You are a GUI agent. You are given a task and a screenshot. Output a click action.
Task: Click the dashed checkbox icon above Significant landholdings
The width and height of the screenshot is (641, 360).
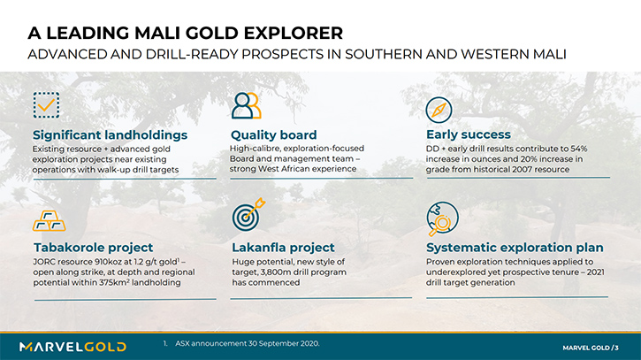[x=46, y=105]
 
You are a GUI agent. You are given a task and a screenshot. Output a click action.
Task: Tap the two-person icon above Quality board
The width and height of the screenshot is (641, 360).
[x=246, y=105]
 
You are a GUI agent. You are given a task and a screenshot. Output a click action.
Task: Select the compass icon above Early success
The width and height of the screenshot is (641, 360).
[x=439, y=110]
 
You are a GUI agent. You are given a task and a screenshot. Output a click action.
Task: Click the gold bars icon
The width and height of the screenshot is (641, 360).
[x=49, y=221]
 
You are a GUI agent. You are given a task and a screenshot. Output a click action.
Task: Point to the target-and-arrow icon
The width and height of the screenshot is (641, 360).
[x=248, y=214]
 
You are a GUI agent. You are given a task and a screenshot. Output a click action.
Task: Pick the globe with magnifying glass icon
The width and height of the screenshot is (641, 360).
[x=442, y=218]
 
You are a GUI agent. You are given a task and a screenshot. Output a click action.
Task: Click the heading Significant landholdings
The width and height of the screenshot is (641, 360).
[x=110, y=135]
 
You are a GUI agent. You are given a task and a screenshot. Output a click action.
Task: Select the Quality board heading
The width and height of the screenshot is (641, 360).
[x=273, y=135]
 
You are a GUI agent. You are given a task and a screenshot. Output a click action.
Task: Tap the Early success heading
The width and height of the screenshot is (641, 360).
[x=469, y=134]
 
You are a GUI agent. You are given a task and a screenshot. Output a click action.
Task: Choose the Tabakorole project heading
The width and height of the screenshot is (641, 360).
[x=93, y=248]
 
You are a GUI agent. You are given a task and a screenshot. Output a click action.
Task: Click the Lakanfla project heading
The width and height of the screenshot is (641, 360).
[x=283, y=248]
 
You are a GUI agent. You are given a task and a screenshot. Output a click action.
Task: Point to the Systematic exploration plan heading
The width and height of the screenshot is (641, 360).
[x=515, y=248]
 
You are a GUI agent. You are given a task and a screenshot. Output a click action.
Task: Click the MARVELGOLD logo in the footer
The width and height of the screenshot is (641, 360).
[x=72, y=347]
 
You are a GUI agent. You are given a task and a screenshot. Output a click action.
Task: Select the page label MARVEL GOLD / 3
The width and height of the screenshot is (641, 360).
[x=591, y=348]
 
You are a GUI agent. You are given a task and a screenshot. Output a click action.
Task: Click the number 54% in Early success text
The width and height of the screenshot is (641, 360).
[x=579, y=149]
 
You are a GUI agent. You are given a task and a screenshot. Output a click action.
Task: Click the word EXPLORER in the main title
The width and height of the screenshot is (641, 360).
[x=294, y=33]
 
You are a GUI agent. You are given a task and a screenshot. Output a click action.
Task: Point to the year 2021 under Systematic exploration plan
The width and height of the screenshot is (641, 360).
[x=596, y=272]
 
